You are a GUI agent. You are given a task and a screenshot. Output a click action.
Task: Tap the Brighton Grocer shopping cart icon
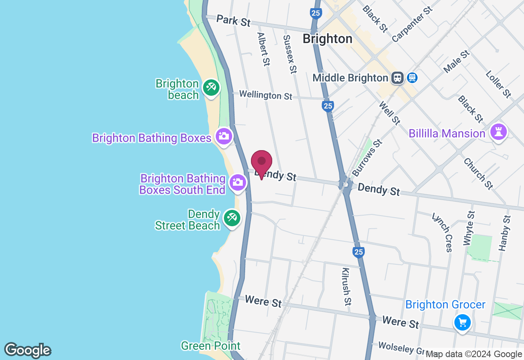tap(463, 323)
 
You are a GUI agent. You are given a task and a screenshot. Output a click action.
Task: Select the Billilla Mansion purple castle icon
tap(499, 132)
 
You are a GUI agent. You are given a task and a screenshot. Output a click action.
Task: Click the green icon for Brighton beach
tap(211, 88)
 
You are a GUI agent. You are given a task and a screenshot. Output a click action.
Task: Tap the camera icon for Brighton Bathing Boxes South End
tap(238, 182)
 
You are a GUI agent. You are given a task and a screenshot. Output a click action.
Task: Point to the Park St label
tap(233, 20)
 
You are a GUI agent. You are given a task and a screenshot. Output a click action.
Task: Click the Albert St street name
tap(264, 49)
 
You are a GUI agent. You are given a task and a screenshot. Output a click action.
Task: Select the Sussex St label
tap(290, 54)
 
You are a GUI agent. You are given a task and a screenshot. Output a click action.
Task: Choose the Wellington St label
tap(266, 95)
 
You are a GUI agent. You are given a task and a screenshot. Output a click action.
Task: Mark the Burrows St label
tap(367, 157)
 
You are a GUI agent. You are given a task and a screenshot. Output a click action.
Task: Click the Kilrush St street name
tap(346, 287)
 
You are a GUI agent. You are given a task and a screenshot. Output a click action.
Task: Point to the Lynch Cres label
tap(443, 232)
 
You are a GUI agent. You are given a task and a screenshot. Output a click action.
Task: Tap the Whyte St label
tap(469, 228)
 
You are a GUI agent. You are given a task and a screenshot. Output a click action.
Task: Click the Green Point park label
tap(210, 346)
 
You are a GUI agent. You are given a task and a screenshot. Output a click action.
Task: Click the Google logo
tap(27, 350)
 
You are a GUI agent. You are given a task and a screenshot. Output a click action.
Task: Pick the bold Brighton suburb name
tap(327, 39)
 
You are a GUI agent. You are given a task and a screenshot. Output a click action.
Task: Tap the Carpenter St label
tap(412, 24)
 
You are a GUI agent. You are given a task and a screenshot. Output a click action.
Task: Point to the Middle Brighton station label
tap(350, 78)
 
